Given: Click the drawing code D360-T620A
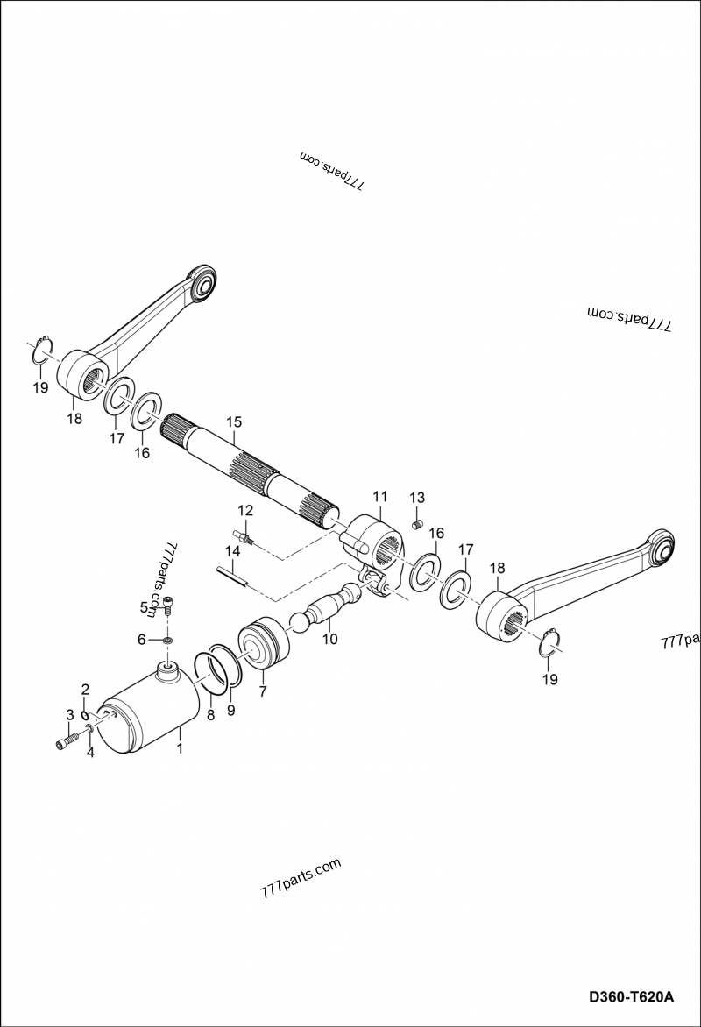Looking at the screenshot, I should point(631,997).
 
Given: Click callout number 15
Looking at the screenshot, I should point(233,421).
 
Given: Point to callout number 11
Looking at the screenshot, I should point(379,496).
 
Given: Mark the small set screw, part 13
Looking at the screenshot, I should point(417,525).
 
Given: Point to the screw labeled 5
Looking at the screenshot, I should point(167,602).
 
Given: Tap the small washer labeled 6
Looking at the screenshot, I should point(166,641).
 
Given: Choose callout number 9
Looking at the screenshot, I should point(231,711).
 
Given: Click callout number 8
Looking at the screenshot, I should point(210,715).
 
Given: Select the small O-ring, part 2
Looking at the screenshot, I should point(85,714).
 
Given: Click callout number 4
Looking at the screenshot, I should point(90,752).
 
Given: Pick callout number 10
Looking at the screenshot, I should point(330,640).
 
